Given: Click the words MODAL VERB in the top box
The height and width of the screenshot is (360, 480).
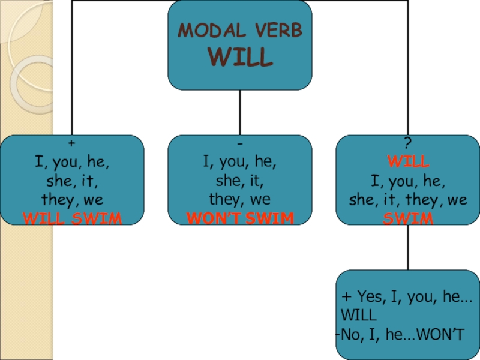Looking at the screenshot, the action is pyautogui.click(x=240, y=31).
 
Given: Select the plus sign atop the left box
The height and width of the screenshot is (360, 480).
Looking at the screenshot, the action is pyautogui.click(x=72, y=145).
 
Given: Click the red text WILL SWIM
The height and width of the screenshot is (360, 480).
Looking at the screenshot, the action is pyautogui.click(x=72, y=218).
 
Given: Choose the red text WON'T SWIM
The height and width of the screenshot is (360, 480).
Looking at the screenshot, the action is pyautogui.click(x=240, y=218).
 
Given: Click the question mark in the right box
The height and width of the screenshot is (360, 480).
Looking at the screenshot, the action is pyautogui.click(x=408, y=145).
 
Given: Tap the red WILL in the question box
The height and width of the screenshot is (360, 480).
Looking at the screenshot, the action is pyautogui.click(x=408, y=162).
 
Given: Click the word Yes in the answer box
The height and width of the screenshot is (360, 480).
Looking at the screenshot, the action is pyautogui.click(x=370, y=296).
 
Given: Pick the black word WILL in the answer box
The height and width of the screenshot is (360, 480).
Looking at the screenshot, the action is pyautogui.click(x=359, y=315).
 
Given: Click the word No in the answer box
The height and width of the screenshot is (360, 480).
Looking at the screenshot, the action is pyautogui.click(x=350, y=335).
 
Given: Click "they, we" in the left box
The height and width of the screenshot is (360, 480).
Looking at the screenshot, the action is pyautogui.click(x=72, y=199).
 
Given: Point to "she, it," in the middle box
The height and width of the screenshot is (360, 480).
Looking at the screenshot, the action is pyautogui.click(x=240, y=181).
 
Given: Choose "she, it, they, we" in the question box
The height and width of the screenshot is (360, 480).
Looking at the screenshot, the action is pyautogui.click(x=408, y=200).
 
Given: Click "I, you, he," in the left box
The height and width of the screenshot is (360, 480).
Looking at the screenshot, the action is pyautogui.click(x=72, y=162).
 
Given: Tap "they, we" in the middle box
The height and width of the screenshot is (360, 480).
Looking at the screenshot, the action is pyautogui.click(x=240, y=199).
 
